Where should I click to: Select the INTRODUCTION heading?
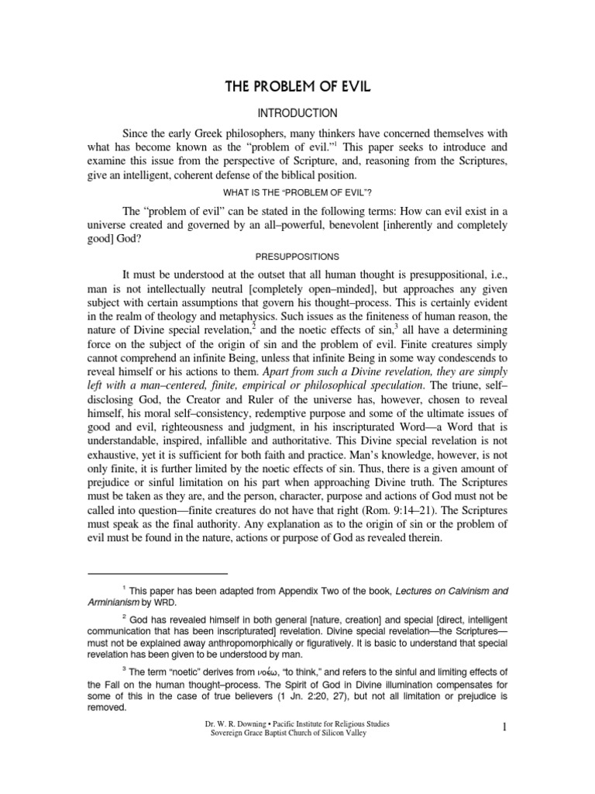click(x=297, y=112)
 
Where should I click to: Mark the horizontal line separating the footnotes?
click(x=152, y=574)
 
